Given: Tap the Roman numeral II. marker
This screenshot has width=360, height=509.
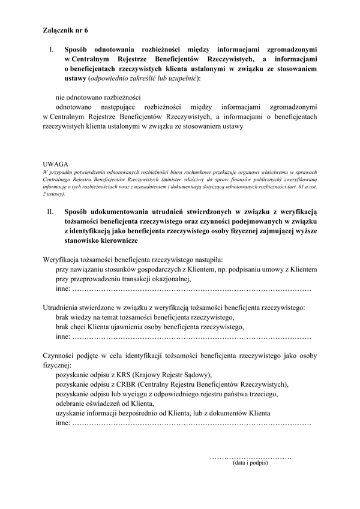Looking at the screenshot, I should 51,212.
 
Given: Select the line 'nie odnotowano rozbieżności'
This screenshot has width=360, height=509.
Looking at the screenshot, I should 98,97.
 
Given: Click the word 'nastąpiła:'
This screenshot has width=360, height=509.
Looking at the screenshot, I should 207,260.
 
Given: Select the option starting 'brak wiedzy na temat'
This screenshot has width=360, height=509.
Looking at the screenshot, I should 144,317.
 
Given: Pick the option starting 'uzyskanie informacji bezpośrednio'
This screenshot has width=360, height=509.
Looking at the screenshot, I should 162,413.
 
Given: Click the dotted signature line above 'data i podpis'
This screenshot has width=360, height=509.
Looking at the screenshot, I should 250,457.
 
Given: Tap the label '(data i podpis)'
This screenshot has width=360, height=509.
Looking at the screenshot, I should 250,463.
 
